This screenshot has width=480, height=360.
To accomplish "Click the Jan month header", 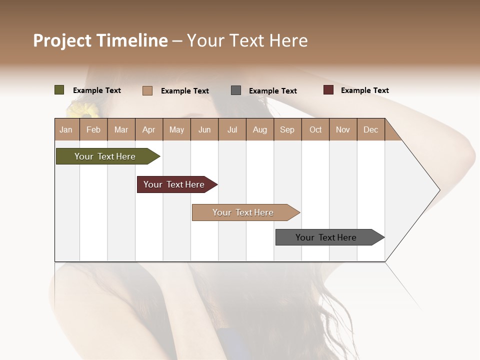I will [66, 129].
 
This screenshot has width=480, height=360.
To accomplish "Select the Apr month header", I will [148, 129].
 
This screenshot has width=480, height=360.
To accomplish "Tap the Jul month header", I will [232, 129].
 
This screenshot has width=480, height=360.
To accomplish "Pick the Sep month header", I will [287, 129].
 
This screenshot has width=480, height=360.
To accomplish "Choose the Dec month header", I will [370, 129].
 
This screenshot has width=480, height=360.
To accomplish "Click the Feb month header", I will [93, 129].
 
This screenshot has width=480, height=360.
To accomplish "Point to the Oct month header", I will [315, 129].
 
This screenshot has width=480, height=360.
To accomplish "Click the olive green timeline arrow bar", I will [105, 156].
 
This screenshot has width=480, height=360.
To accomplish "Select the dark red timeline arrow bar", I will [174, 184].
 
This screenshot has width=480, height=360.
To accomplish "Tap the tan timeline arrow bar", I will [243, 212].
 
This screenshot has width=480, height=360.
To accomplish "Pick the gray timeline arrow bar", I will [326, 237].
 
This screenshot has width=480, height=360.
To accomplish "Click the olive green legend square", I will [59, 90].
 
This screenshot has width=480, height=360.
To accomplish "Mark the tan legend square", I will [147, 90].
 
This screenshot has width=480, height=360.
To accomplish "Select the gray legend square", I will [236, 90].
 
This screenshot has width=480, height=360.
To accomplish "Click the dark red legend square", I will [328, 90].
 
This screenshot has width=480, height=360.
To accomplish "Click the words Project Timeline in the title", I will [100, 40].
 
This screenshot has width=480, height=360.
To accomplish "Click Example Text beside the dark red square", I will [364, 90].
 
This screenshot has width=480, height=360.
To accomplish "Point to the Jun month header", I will [204, 129].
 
